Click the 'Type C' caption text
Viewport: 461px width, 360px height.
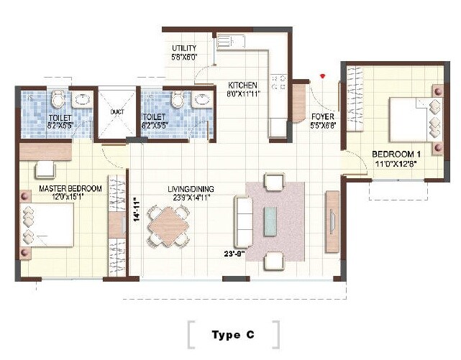click(x=232, y=335)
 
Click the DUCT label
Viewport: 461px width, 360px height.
click(x=117, y=112)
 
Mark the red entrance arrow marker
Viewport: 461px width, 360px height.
click(x=324, y=75)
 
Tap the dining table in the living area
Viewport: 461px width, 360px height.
click(x=170, y=226)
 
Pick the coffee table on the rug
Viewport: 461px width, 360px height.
click(x=272, y=221)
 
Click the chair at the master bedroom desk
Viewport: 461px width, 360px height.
click(x=45, y=170)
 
